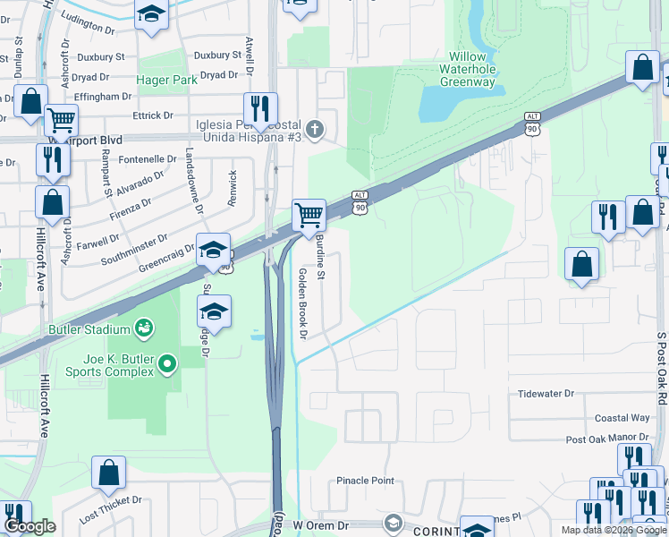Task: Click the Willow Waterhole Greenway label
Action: (x=467, y=69)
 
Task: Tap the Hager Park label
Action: (x=166, y=80)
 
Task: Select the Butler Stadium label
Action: (x=89, y=329)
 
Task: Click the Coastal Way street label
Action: (x=622, y=418)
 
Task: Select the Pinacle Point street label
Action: (x=365, y=481)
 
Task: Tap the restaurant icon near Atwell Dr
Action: (x=260, y=109)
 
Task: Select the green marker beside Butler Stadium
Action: (x=143, y=328)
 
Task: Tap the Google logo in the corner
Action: (x=30, y=527)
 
